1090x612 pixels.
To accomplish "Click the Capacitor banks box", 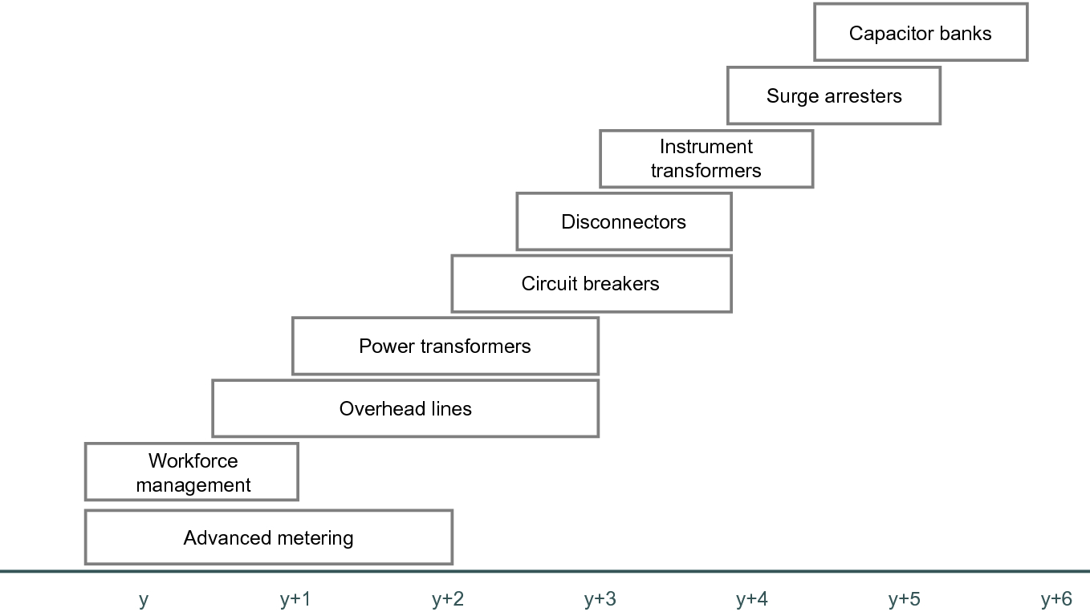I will pos(921,33).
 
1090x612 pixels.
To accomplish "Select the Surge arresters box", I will pos(834,96).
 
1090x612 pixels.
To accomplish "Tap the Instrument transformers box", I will pos(706,159).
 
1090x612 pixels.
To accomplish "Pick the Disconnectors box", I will pos(624,221).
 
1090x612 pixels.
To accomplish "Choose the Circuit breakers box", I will pos(591,284).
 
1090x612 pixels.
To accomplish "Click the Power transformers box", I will pos(445,347).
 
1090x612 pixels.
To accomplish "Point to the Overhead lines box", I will pos(405,409).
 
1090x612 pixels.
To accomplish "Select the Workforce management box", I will pos(192,472).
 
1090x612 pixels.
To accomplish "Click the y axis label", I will pos(144,599).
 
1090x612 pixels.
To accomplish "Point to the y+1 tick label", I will pos(295,599).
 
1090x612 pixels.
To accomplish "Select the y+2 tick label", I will pos(447,599).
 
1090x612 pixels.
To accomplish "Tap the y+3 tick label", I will pos(600,599).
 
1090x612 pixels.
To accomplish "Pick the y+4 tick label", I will pos(752,599).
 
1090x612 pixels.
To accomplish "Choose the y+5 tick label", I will pos(905,599).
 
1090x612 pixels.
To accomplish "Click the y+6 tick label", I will pos(1056,599).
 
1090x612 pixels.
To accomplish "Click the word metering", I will pos(314,538).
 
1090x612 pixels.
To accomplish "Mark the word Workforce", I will pos(193,461).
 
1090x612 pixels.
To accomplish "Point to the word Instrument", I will pos(706,147).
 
